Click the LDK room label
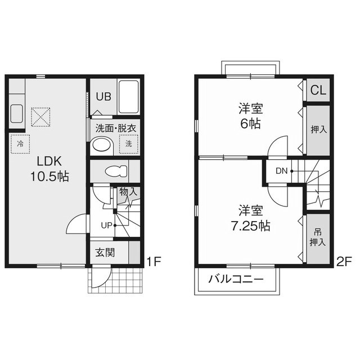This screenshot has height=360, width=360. click(x=49, y=161)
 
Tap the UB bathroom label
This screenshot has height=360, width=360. click(x=103, y=97)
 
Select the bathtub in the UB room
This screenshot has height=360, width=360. click(x=129, y=97)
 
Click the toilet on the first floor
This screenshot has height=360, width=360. click(x=116, y=171)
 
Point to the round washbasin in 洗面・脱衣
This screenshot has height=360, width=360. click(x=102, y=146)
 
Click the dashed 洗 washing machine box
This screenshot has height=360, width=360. click(x=129, y=144)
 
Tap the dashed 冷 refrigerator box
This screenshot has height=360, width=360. click(x=20, y=144)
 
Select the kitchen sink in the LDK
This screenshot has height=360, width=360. click(x=16, y=114)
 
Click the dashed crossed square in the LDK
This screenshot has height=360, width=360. click(x=40, y=117)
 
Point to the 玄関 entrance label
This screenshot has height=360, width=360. click(x=105, y=253)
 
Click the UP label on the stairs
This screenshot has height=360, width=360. click(x=106, y=226)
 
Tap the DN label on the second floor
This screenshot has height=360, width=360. click(x=281, y=171)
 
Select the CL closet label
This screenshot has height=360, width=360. click(x=318, y=90)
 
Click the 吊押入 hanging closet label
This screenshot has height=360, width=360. click(x=318, y=237)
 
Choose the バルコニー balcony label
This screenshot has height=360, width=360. click(x=236, y=279)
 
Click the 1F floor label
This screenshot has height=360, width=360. click(x=154, y=261)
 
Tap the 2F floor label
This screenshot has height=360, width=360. click(x=344, y=262)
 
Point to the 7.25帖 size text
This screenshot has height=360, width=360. click(x=250, y=226)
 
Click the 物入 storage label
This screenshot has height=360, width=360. click(x=128, y=192)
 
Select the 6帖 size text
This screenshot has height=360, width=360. click(x=250, y=124)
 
